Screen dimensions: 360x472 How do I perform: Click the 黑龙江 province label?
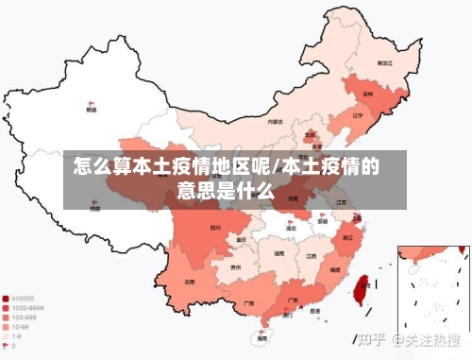coord(384,62)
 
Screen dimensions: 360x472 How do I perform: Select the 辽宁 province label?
coord(358,115)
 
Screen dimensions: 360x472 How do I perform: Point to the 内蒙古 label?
coord(275,121)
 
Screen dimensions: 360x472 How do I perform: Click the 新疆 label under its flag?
coord(91,110)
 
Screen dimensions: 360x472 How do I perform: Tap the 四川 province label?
coord(216,228)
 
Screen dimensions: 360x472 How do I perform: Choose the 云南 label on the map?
coord(190,282)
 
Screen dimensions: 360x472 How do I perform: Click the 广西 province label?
coord(248,303)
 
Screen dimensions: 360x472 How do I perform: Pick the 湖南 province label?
coord(279,253)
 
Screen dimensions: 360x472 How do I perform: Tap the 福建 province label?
coord(335,270)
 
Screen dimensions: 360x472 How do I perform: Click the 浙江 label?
coord(348,238)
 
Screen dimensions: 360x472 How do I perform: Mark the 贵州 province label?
coord(235,267)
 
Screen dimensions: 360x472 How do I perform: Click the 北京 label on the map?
coord(309,134)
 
